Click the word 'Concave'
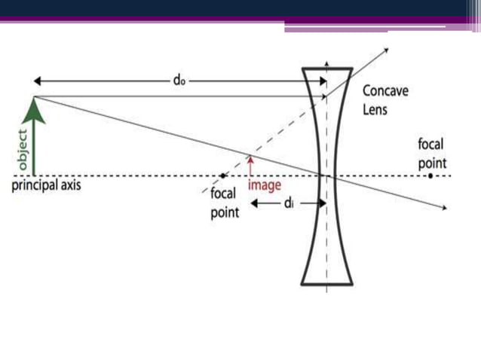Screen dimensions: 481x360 pos(385,91)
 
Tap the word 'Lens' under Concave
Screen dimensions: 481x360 pos(376,109)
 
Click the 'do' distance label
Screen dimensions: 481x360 pos(178,80)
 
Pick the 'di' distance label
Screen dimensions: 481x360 pos(289,205)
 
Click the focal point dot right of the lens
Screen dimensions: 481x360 pos(430,175)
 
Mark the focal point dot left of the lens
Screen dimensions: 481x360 pos(222,175)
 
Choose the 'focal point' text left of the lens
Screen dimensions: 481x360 pos(224,203)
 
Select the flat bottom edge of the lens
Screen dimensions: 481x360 pos(327,284)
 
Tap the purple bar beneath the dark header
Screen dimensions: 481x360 pos(241,20)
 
